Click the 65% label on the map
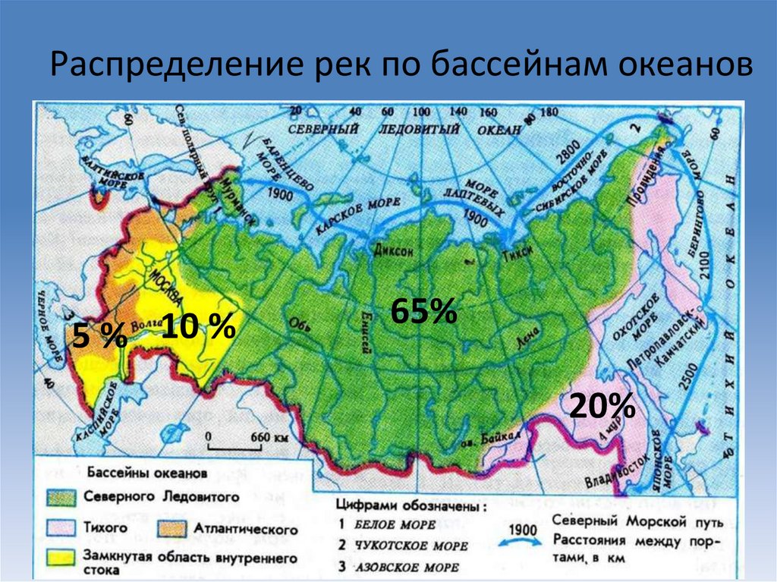(x=423, y=312)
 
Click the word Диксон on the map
(x=392, y=251)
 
